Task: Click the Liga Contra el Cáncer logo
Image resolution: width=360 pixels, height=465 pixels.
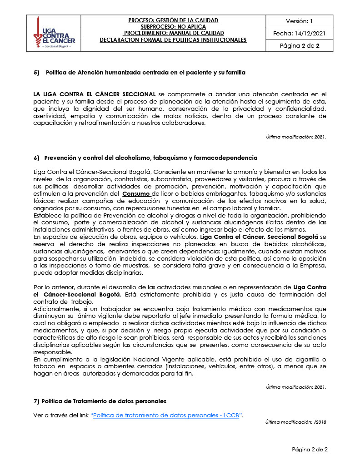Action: click(54, 34)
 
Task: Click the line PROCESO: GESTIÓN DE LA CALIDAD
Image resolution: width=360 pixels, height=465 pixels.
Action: click(173, 20)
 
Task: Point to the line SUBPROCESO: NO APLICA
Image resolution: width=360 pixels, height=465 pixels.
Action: click(173, 27)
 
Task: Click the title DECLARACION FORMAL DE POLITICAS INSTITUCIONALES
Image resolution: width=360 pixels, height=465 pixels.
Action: click(173, 40)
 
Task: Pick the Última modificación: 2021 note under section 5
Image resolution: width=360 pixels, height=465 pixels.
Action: click(296, 137)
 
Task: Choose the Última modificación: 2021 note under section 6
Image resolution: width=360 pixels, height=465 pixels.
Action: click(296, 387)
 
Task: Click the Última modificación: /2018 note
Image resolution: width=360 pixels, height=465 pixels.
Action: click(296, 422)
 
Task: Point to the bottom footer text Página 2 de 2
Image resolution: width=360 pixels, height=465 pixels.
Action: click(310, 450)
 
